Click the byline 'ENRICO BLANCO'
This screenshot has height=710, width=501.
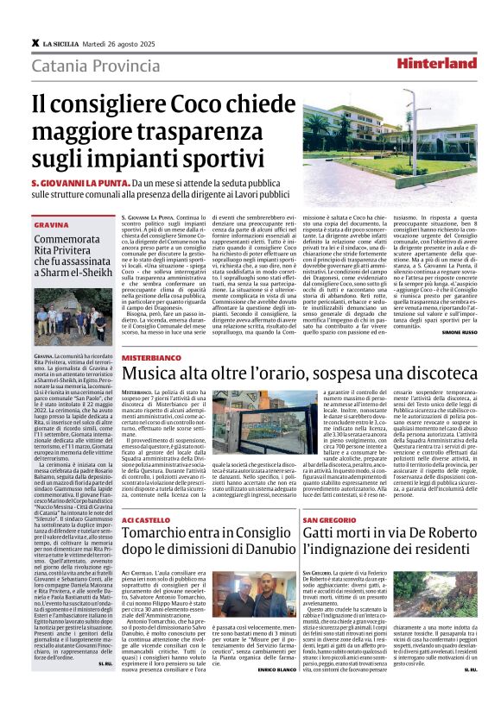pos(273,669)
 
